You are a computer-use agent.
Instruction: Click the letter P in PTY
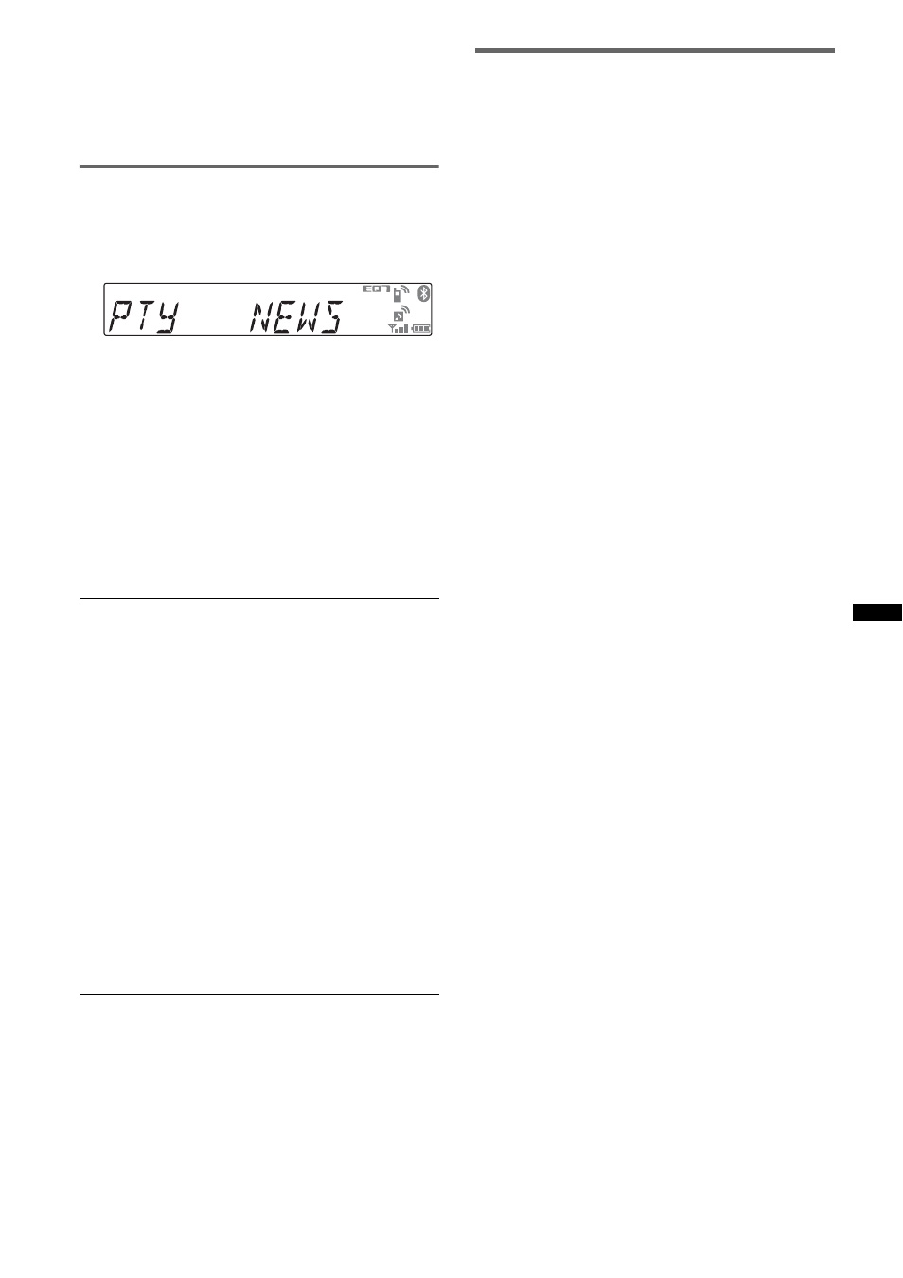coord(118,317)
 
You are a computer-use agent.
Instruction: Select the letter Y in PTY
coord(167,317)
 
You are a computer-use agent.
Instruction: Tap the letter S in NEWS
coord(331,317)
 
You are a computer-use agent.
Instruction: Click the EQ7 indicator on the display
coord(377,289)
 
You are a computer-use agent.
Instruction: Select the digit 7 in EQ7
coord(386,289)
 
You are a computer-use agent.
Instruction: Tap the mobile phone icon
coord(397,295)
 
